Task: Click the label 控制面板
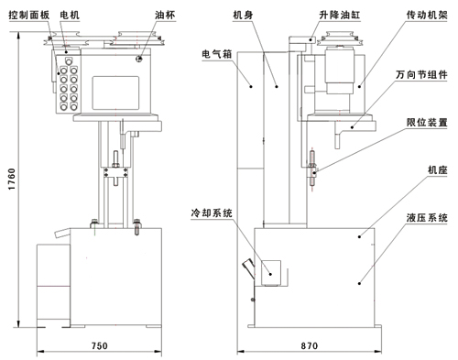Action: pos(29,15)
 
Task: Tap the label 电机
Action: pos(70,15)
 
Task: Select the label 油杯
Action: pos(165,15)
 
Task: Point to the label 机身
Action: pos(243,15)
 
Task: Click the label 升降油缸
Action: pos(340,15)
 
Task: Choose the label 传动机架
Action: pos(427,15)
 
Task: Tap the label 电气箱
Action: pos(217,54)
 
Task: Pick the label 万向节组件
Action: pos(421,75)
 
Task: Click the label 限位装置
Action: pos(427,123)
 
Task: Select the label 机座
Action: pos(438,169)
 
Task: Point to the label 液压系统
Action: pos(427,218)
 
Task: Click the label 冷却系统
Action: pos(212,213)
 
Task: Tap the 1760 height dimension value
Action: pos(12,179)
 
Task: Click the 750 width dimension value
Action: pos(100,345)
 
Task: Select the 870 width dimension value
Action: pos(310,345)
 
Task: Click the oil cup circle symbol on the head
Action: pos(139,59)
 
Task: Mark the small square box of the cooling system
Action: pos(271,273)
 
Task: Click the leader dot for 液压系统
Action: pos(359,283)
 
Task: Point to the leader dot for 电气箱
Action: pos(251,86)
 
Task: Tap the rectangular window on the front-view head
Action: pos(115,93)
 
